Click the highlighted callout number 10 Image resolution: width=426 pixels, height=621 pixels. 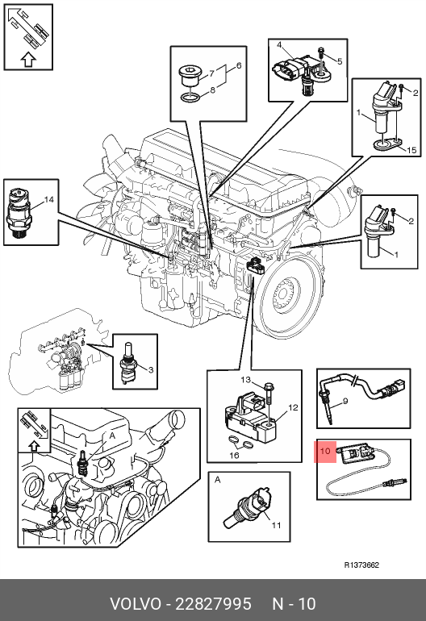[325, 451]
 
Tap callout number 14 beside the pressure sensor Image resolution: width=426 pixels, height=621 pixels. [48, 200]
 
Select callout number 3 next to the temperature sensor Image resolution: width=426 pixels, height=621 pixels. [151, 370]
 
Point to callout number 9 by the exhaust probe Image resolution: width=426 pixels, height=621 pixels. [345, 401]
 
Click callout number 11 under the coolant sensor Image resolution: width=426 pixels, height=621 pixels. [276, 525]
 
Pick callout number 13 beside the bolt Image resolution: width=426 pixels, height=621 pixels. [246, 380]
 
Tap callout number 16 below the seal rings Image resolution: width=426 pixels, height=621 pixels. [234, 456]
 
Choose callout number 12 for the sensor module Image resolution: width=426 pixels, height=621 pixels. [293, 407]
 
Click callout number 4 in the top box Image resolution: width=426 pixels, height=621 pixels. [279, 44]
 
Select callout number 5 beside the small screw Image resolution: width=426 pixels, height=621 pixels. [340, 61]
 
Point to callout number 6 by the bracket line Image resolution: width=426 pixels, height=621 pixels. [239, 65]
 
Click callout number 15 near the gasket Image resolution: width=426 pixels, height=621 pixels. [411, 150]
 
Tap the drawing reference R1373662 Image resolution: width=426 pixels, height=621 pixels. [361, 565]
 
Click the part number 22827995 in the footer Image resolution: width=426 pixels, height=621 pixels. [213, 604]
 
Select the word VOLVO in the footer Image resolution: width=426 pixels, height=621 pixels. [135, 604]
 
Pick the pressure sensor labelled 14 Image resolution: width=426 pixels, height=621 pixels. [18, 213]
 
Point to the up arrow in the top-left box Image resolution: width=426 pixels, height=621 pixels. [28, 60]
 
